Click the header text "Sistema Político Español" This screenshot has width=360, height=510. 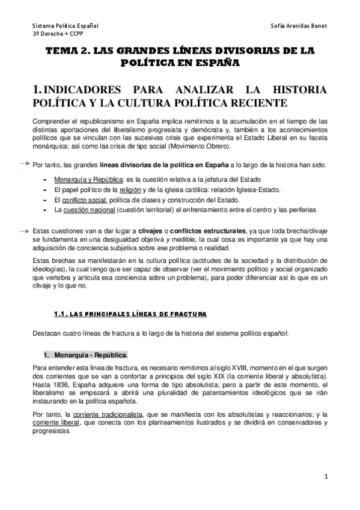point(66,26)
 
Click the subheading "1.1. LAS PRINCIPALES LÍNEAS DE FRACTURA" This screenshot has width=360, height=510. point(130,314)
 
